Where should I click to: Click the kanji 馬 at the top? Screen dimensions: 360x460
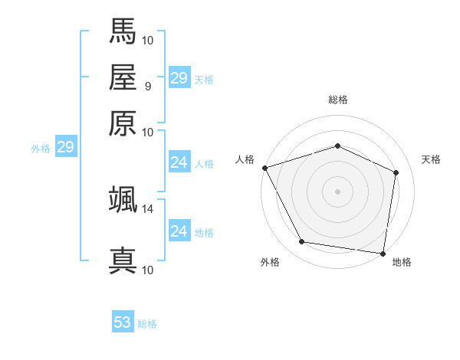[x=123, y=31]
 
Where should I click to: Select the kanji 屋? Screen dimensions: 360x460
[x=123, y=77]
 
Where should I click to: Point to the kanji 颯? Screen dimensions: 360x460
[x=123, y=199]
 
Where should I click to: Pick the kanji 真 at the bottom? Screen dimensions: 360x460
[x=123, y=260]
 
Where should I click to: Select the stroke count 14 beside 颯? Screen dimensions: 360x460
[x=148, y=208]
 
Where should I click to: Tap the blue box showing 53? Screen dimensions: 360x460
[x=123, y=322]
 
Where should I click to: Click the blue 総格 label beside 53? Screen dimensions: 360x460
[x=147, y=324]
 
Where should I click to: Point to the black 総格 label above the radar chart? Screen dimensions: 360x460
[x=337, y=100]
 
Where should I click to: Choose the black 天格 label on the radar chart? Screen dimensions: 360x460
[x=431, y=159]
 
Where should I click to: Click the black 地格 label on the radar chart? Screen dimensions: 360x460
[x=402, y=262]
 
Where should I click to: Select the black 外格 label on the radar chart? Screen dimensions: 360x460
[x=270, y=262]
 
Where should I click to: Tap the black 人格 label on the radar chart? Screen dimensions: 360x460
[x=245, y=159]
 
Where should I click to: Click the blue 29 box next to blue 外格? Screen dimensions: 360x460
[x=65, y=147]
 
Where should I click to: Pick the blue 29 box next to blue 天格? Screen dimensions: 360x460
[x=179, y=77]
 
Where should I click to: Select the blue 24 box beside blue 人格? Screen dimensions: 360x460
[x=179, y=162]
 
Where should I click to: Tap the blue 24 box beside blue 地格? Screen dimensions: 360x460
[x=179, y=231]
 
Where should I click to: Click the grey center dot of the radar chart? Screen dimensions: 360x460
[x=337, y=191]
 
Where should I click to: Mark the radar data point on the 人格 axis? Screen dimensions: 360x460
[x=264, y=168]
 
